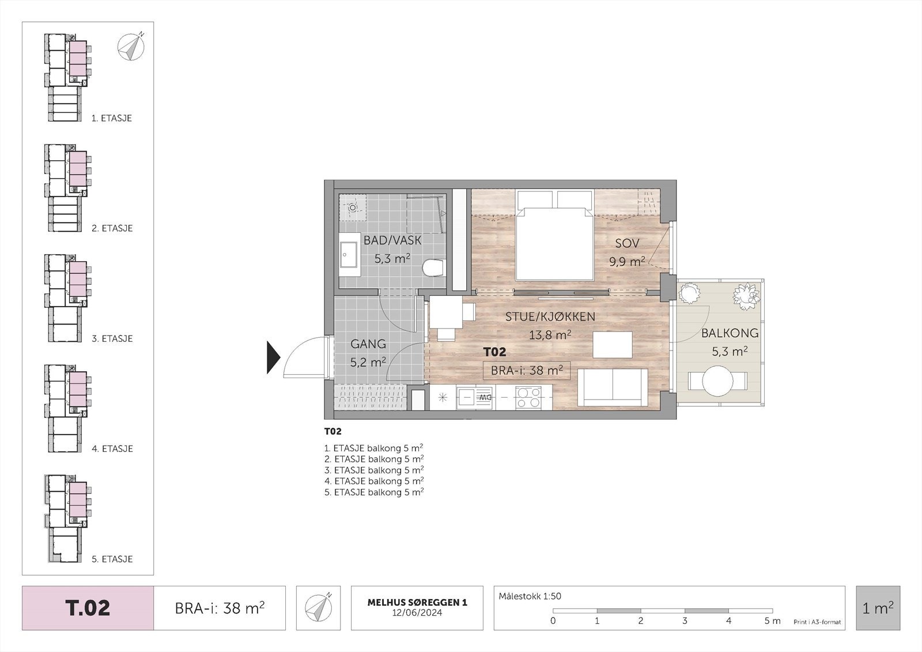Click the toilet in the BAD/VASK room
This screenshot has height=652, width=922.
tap(434, 267)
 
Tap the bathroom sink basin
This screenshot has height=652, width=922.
tap(349, 254)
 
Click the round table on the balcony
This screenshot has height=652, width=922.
tap(717, 381)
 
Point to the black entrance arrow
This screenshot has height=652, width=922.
tap(274, 357)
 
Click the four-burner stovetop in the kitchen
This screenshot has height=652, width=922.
tap(528, 398)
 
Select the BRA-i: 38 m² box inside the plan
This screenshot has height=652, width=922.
tap(527, 370)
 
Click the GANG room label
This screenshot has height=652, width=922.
tap(368, 344)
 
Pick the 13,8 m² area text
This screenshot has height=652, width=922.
tap(550, 334)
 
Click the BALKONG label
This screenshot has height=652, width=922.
tap(730, 333)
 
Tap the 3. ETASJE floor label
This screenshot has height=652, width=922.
tap(112, 338)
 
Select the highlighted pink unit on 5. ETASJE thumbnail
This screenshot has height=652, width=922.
tap(78, 500)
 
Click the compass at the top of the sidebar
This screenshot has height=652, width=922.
tap(131, 47)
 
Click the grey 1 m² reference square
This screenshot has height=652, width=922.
tap(878, 608)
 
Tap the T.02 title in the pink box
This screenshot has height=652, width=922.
tap(88, 608)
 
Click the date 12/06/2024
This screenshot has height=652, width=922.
tap(417, 612)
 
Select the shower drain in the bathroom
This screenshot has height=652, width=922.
tap(353, 208)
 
